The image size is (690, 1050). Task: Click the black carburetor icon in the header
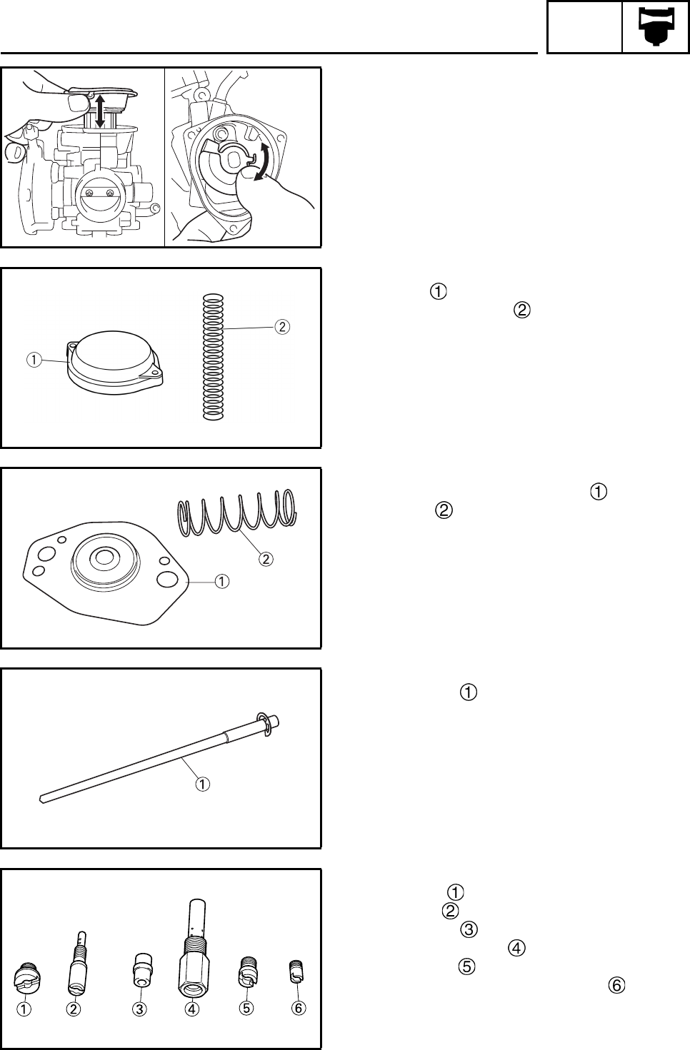(x=655, y=27)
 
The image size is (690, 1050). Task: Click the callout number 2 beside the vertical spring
(x=283, y=327)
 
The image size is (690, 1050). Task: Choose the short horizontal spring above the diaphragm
(x=236, y=513)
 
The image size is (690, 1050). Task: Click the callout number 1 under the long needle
(x=204, y=784)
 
